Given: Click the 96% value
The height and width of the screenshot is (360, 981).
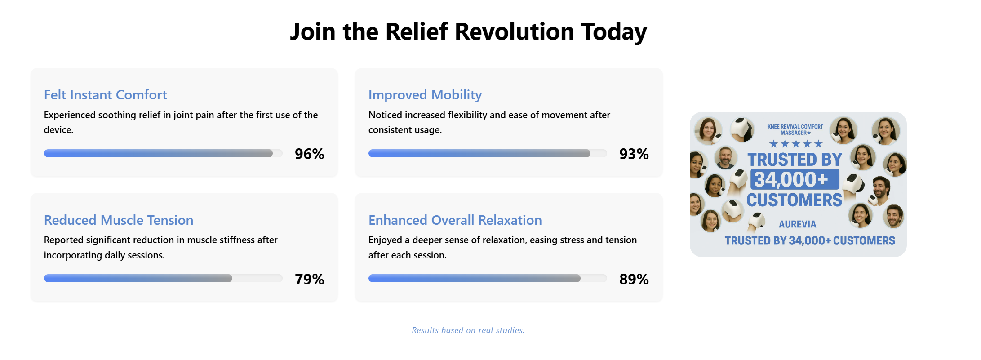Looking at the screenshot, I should pos(309,154).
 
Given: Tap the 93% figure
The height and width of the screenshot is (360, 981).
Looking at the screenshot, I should pos(634,154).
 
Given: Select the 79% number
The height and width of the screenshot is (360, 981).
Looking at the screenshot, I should pos(309,279).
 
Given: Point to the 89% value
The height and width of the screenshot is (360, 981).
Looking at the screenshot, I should pos(634,279).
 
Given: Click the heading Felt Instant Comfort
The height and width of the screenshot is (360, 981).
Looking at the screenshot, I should pos(105,95).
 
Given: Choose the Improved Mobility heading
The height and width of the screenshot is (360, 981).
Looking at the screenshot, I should pos(425,95).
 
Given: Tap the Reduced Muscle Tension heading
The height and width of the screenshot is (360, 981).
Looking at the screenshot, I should pos(119,220).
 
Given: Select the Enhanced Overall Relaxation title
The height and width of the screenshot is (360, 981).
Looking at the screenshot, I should pos(455,220).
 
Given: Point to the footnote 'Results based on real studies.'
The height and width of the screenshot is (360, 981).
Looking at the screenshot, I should pos(468,330).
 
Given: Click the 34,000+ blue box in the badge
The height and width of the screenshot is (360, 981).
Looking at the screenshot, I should pos(794,179).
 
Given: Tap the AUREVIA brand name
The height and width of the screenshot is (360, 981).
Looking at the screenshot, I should pos(797,224).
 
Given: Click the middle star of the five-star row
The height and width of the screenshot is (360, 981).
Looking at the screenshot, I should pos(796,144).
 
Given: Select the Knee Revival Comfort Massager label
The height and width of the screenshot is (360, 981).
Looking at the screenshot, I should pos(795,129).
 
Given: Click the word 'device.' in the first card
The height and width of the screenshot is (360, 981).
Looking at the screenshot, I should pos(58,130).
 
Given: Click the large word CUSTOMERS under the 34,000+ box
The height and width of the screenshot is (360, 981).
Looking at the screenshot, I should pos(794,200).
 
